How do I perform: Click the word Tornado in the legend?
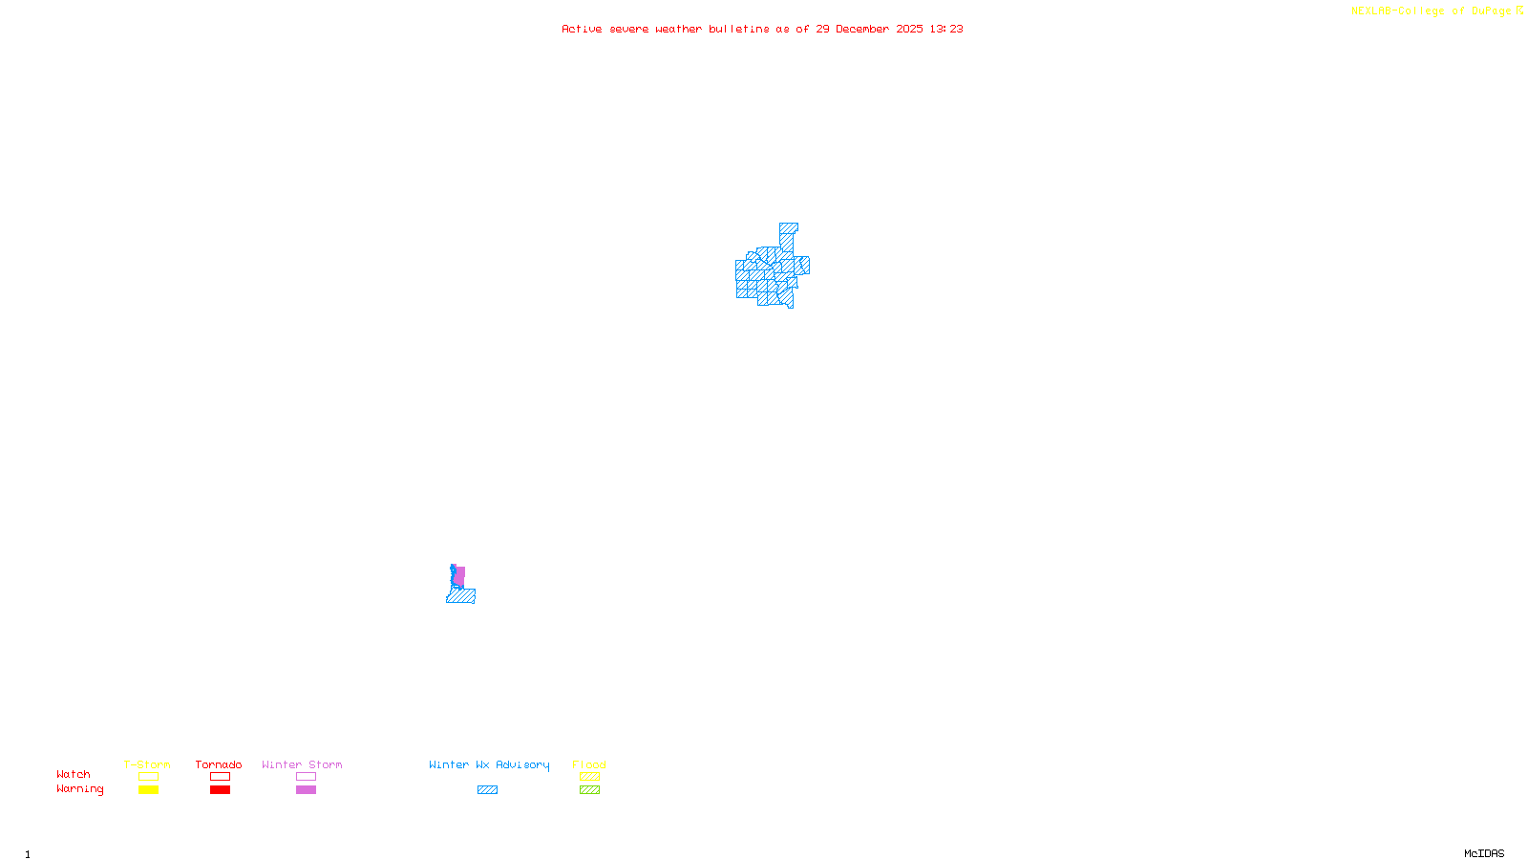(219, 764)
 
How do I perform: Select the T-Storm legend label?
(147, 764)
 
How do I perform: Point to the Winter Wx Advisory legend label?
(489, 764)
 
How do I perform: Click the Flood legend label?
(589, 764)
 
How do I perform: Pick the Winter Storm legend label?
(302, 764)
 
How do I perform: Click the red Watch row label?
(74, 774)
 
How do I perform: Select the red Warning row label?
(79, 789)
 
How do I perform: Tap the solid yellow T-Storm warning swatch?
(148, 790)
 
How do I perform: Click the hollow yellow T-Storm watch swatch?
(148, 777)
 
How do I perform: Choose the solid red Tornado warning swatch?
(220, 790)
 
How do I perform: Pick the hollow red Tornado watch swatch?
(220, 777)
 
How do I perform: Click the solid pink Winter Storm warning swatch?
(306, 790)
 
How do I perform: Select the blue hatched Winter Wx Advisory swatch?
(487, 790)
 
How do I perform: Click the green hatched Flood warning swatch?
(589, 790)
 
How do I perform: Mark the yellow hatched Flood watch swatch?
(589, 777)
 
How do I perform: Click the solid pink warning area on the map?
(460, 575)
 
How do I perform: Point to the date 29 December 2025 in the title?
(869, 29)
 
